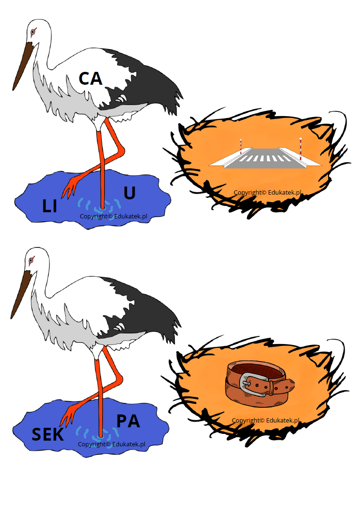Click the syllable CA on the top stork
pos(90,79)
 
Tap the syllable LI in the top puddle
pos(50,207)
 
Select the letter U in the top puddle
pos(130,193)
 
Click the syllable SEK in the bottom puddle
pos(48,434)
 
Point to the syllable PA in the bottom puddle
pos(128,421)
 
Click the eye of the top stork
pos(33,32)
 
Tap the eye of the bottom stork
pos(31,260)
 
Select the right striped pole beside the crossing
pos(300,148)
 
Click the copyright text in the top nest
pos(267,193)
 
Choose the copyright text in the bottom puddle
pos(111,444)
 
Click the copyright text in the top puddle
pos(113,216)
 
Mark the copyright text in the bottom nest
pos(265,420)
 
